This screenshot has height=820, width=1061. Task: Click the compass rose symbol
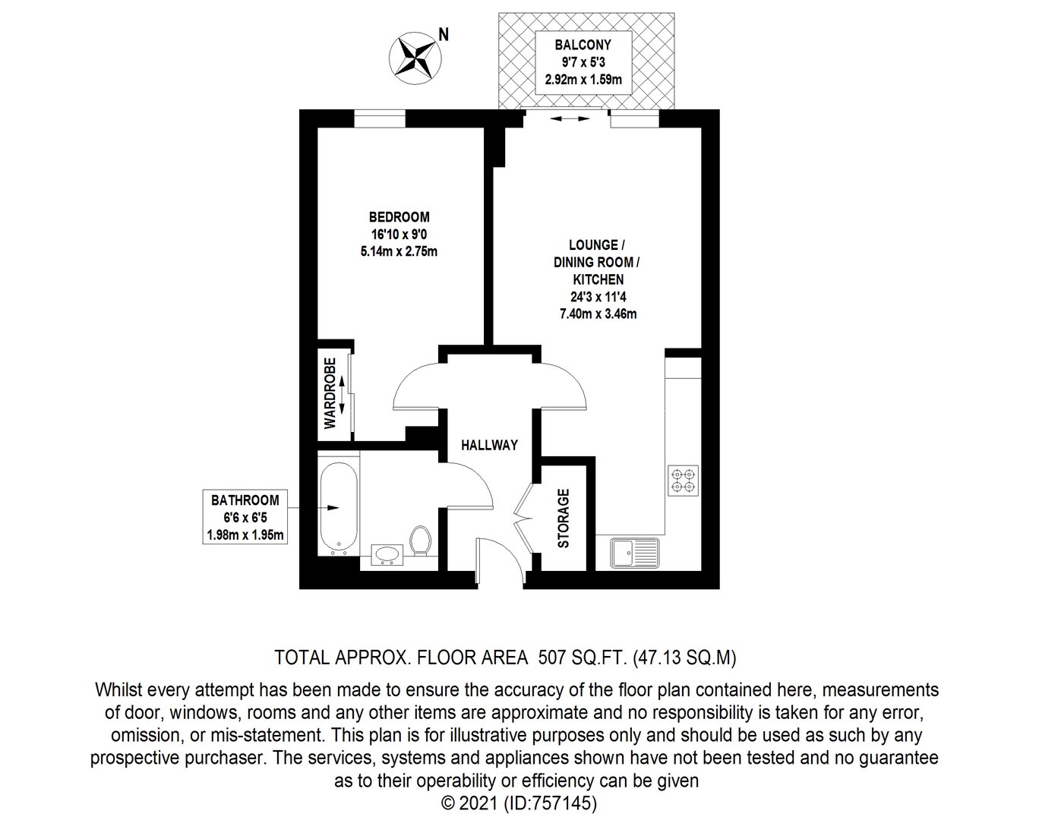(x=415, y=58)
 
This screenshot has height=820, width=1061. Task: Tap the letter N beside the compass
(x=444, y=34)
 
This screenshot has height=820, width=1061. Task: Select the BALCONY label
(x=583, y=45)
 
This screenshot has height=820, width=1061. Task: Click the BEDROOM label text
(x=399, y=216)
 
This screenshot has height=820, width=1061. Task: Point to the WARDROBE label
(x=330, y=393)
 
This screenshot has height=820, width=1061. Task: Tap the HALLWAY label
(x=489, y=445)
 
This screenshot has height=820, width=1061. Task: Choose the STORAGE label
(x=564, y=519)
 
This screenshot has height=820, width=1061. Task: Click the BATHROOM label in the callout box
(x=245, y=500)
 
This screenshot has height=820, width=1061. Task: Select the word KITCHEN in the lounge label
(x=598, y=279)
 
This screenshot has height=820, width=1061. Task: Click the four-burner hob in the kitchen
(x=683, y=481)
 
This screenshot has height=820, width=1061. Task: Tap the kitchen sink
(x=634, y=553)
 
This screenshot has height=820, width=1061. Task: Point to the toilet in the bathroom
(x=420, y=540)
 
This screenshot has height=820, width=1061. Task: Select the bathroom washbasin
(x=387, y=555)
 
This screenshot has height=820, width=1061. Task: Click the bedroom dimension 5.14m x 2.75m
(x=399, y=252)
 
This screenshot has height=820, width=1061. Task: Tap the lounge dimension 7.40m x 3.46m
(x=598, y=314)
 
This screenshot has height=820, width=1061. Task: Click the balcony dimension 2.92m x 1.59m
(x=583, y=79)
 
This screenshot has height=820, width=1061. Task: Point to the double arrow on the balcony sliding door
(x=570, y=118)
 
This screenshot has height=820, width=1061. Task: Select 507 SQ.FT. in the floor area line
(x=583, y=658)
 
